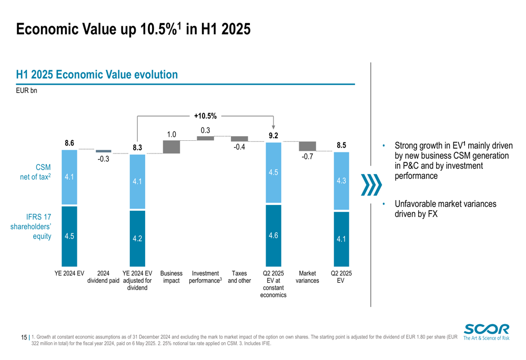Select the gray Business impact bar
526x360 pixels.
pos(171,147)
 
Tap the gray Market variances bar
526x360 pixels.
pos(307,146)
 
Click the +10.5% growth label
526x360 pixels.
pos(205,116)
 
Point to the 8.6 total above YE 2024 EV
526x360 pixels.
pos(69,142)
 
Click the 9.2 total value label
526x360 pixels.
pos(273,136)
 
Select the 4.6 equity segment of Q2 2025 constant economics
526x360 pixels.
pos(273,235)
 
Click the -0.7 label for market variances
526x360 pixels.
pos(307,157)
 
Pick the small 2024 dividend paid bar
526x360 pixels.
pos(104,151)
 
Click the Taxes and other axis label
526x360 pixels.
pos(239,277)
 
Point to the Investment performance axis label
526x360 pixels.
pos(205,277)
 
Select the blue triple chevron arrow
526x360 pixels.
pos(371,184)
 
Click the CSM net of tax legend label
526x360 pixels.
pos(35,172)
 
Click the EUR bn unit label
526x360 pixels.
pos(26,90)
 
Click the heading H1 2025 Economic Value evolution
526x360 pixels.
pos(97,75)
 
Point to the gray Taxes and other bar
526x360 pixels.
pos(239,139)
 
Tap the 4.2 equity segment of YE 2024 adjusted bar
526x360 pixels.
pos(137,238)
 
